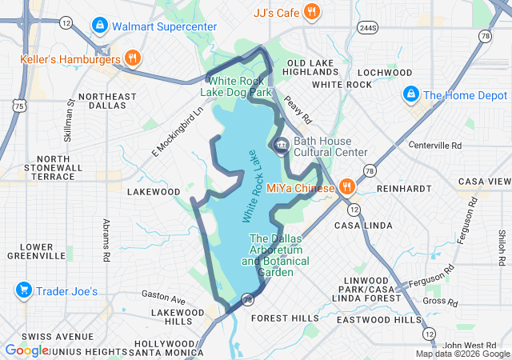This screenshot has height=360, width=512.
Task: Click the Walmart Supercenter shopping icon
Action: point(100,26)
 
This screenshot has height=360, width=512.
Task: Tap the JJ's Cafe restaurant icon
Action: point(312,12)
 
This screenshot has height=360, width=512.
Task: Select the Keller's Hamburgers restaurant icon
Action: point(133,58)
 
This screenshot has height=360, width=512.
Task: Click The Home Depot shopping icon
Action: point(411,94)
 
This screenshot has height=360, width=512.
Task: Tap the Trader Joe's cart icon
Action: point(23,291)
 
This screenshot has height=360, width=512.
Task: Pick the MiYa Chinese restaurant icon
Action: point(346,188)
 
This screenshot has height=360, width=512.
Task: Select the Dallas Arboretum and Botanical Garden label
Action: point(272,255)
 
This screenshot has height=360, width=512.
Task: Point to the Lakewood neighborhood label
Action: point(154,192)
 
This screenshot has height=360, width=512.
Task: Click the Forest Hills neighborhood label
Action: point(285,318)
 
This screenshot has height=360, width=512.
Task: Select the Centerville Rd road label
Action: point(435,146)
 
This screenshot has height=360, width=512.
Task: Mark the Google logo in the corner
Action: point(26,350)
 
